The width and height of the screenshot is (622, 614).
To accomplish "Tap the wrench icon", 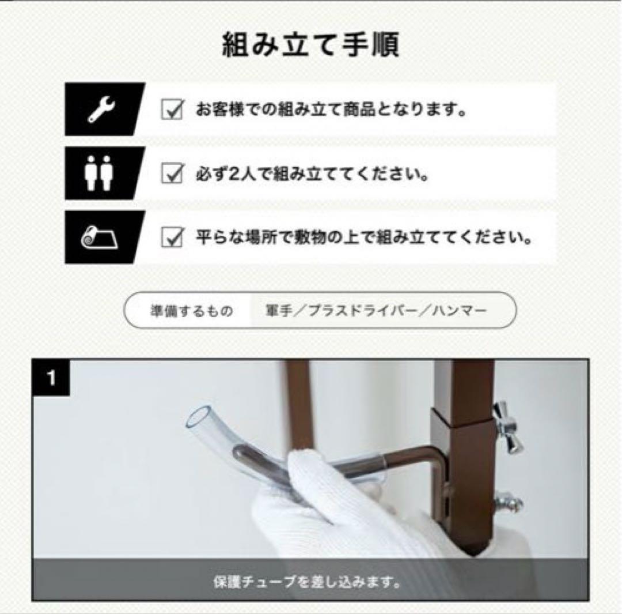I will click(101, 110).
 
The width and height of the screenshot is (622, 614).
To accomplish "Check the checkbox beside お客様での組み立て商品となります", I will click(172, 110).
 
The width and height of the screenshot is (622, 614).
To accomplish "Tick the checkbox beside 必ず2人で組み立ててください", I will click(172, 173).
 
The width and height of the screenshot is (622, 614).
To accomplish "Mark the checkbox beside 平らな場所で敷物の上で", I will click(172, 237).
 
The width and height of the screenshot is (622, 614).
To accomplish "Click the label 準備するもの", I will click(191, 311).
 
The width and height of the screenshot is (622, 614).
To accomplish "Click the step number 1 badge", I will click(52, 379).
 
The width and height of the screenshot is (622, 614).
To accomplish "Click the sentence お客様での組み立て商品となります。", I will click(331, 110).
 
